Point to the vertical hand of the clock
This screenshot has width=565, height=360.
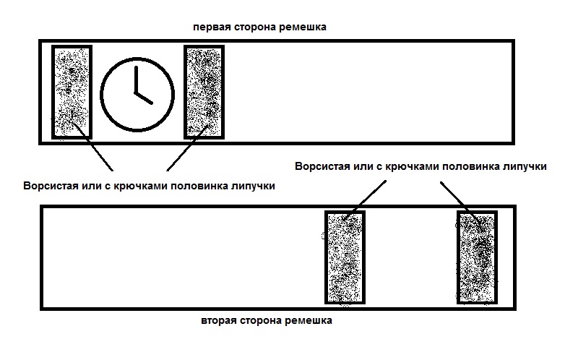tap(137, 80)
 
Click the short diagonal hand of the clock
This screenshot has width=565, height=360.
tap(144, 98)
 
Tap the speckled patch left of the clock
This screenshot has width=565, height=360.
tap(72, 92)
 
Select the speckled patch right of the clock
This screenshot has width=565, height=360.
tap(204, 92)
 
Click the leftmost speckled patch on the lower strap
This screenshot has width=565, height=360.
tap(345, 257)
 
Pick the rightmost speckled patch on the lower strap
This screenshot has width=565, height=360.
tap(477, 257)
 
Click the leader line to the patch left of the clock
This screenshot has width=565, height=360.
tap(92, 146)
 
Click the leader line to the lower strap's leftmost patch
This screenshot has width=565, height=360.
tap(365, 200)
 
